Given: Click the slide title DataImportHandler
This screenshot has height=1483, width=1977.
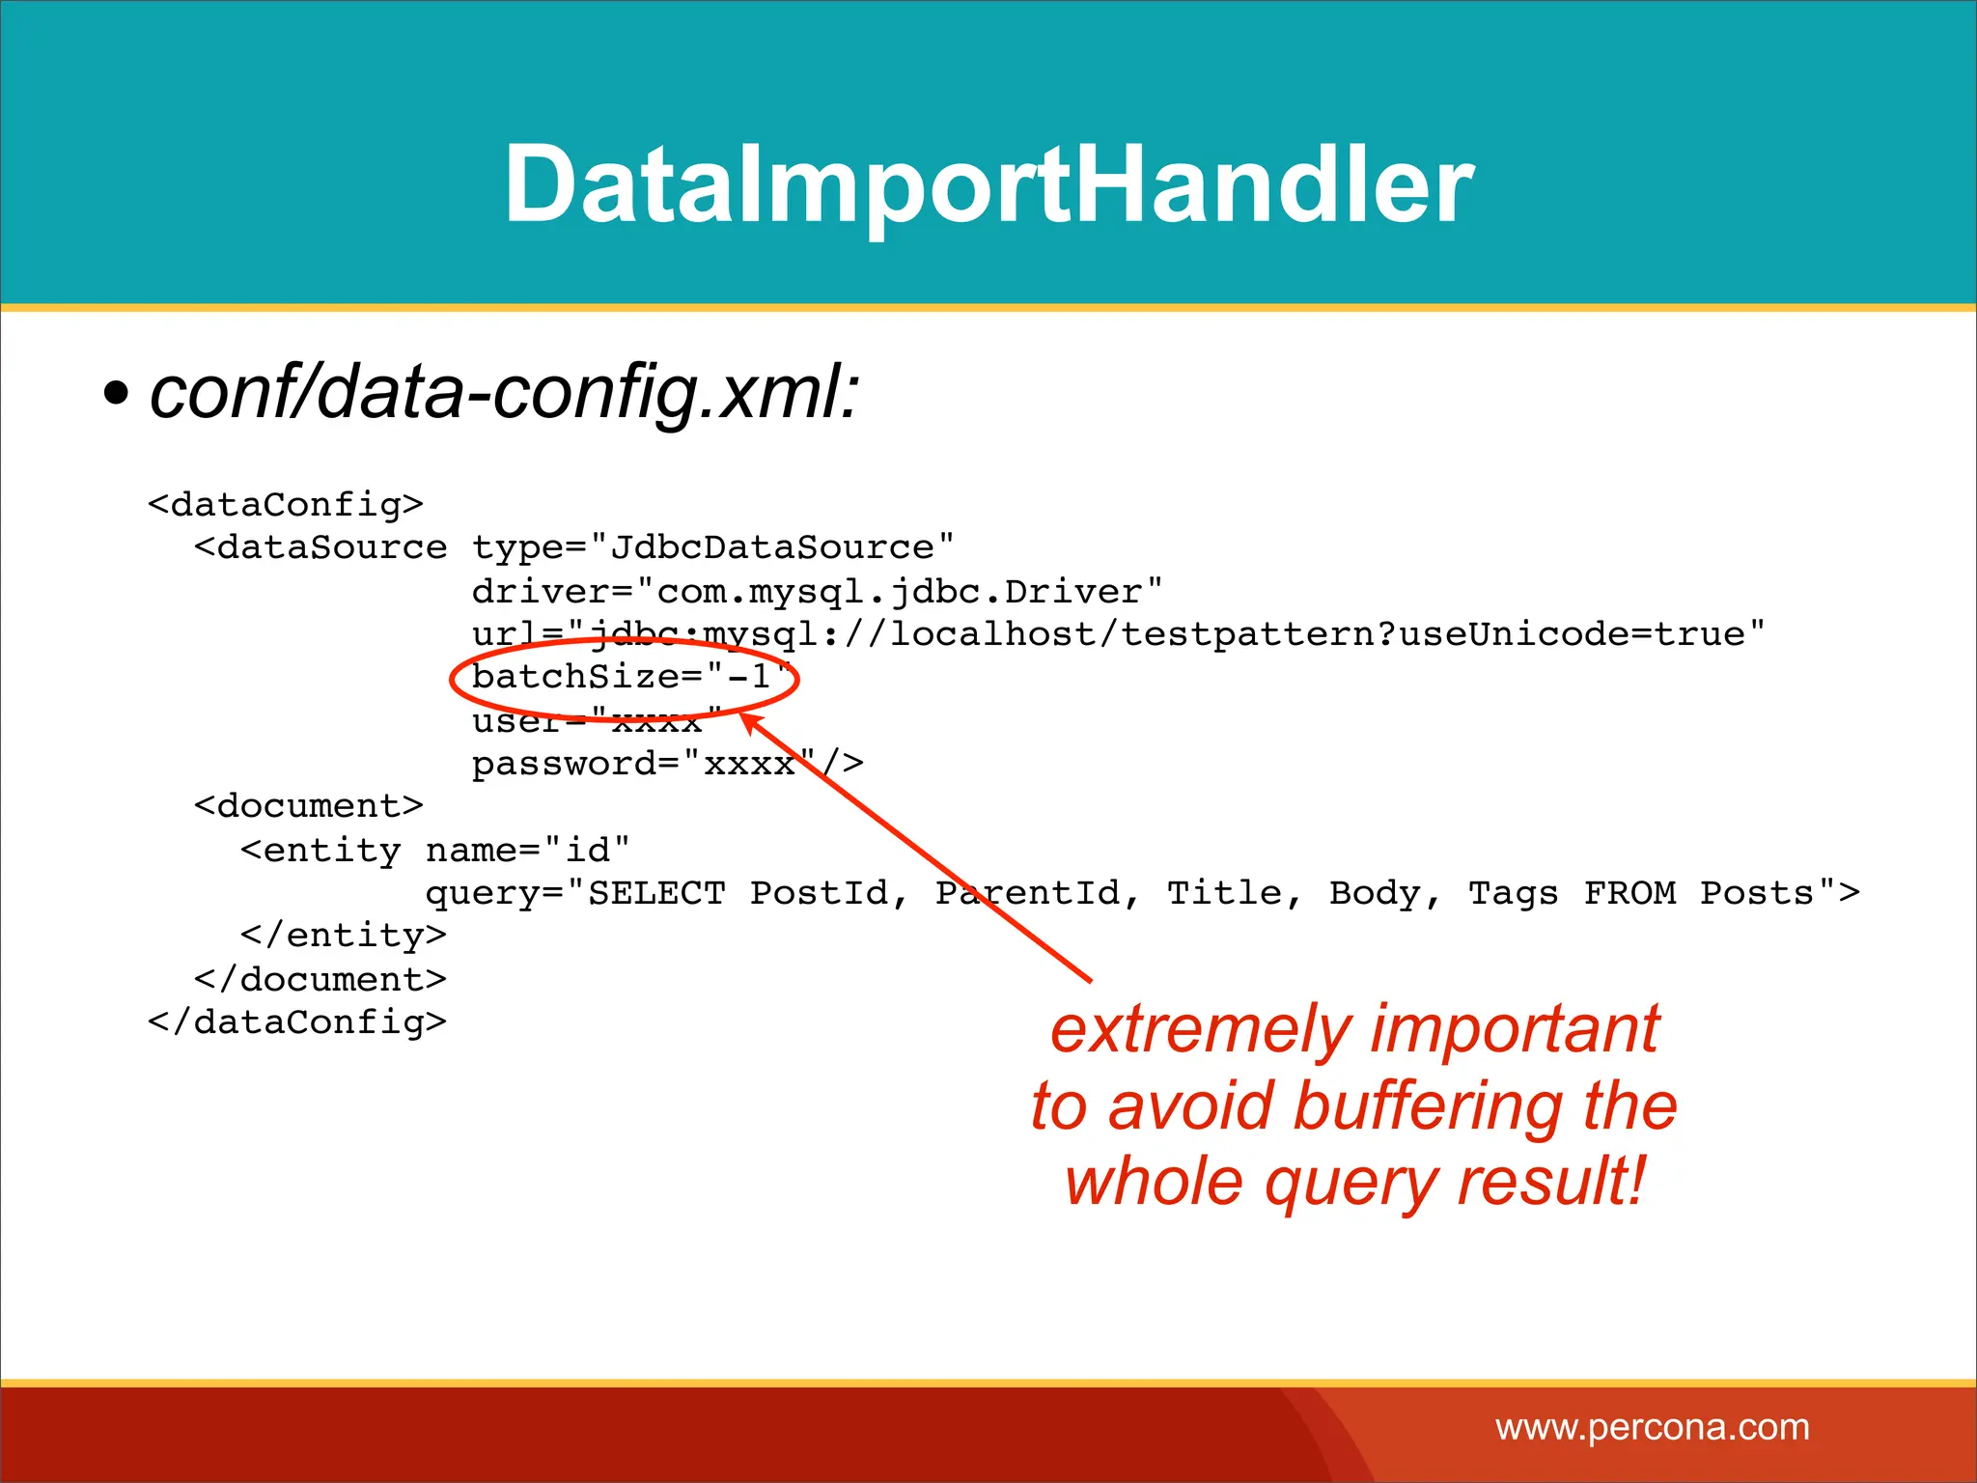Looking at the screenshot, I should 988,183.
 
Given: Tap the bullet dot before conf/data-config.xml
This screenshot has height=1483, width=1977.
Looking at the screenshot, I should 116,394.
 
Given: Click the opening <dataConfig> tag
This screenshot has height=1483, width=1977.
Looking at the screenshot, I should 286,505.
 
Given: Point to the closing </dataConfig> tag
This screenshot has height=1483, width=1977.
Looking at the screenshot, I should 297,1021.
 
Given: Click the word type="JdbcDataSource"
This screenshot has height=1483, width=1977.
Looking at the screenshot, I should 712,548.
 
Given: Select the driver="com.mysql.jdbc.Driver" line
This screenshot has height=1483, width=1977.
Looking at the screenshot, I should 817,591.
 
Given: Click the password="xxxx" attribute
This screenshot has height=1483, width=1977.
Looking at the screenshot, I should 645,764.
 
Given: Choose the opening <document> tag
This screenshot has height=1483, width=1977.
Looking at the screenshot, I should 309,806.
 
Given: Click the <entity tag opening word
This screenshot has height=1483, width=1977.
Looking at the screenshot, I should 320,851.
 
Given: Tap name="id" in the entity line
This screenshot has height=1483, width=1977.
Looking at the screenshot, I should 527,851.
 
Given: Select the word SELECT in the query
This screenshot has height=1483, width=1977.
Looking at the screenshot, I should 656,893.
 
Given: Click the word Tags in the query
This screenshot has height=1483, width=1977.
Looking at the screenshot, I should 1513,893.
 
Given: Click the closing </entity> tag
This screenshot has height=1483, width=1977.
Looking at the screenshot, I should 344,936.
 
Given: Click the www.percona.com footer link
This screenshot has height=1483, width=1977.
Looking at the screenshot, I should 1653,1427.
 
